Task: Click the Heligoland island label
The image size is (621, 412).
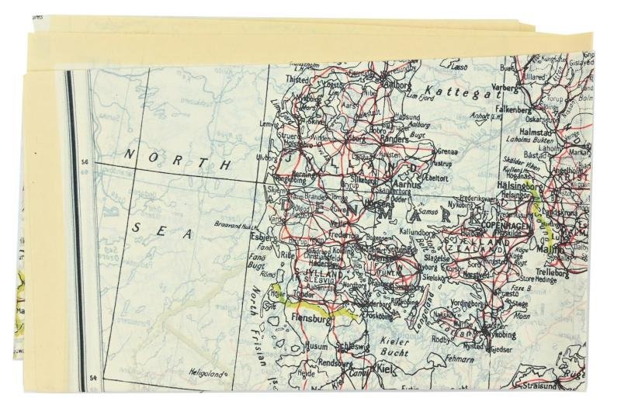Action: [x=207, y=373]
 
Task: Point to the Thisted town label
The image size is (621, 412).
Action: [x=297, y=78]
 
